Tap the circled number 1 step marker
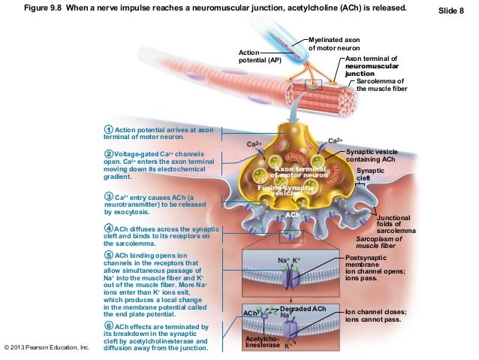pyautogui.click(x=109, y=130)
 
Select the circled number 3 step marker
pyautogui.click(x=109, y=198)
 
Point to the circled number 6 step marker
pyautogui.click(x=109, y=326)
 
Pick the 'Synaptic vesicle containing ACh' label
pyautogui.click(x=372, y=156)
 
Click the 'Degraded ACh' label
pyautogui.click(x=303, y=309)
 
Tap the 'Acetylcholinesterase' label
pyautogui.click(x=261, y=342)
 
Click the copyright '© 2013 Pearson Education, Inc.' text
pyautogui.click(x=47, y=348)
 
